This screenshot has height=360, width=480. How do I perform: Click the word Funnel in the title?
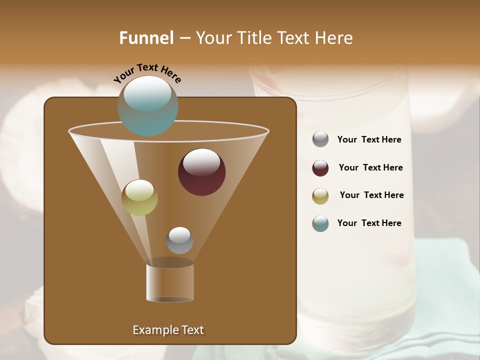tap(146, 37)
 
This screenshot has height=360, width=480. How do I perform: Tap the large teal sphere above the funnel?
tap(147, 105)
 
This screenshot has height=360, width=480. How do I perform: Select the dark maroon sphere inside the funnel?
tap(201, 172)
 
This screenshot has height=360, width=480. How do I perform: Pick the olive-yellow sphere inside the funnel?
tap(139, 197)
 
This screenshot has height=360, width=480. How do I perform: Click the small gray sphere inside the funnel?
tap(179, 240)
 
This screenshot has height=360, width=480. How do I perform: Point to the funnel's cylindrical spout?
tap(170, 282)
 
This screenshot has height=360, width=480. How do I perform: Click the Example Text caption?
tap(168, 330)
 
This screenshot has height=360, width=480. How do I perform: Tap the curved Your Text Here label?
tap(147, 74)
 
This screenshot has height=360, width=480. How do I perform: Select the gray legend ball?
tap(320, 139)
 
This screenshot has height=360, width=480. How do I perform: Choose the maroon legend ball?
tap(320, 168)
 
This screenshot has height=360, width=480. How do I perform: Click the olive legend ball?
tap(320, 196)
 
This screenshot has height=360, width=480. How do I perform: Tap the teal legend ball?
tap(320, 223)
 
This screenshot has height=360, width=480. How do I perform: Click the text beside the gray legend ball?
tap(369, 140)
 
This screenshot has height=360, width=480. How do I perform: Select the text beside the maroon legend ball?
tap(370, 167)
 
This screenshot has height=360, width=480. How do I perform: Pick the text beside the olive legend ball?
tap(371, 195)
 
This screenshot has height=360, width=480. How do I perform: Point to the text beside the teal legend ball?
tap(369, 223)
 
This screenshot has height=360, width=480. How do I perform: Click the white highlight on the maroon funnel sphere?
tap(201, 162)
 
